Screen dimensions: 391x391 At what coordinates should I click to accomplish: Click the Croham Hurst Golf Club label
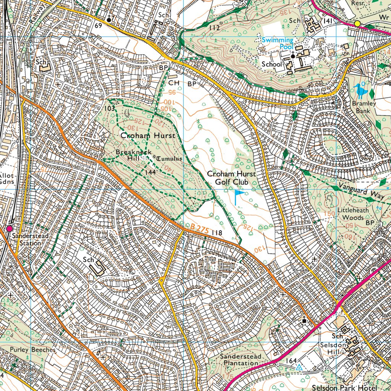pyautogui.click(x=231, y=178)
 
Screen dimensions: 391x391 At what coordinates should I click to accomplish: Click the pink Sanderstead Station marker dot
pyautogui.click(x=9, y=228)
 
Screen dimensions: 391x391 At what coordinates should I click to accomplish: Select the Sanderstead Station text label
pyautogui.click(x=30, y=239)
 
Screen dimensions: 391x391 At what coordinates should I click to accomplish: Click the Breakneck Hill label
pyautogui.click(x=131, y=155)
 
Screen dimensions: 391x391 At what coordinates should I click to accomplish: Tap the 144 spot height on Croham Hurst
pyautogui.click(x=150, y=173)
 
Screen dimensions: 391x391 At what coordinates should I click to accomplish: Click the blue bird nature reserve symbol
pyautogui.click(x=360, y=90)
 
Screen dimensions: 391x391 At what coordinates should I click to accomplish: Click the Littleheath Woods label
pyautogui.click(x=350, y=214)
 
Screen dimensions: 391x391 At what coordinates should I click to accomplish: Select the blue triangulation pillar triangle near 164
pyautogui.click(x=299, y=367)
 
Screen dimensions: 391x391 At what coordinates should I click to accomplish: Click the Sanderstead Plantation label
pyautogui.click(x=241, y=360)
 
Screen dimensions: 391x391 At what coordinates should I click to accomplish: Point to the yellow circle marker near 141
pyautogui.click(x=357, y=24)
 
